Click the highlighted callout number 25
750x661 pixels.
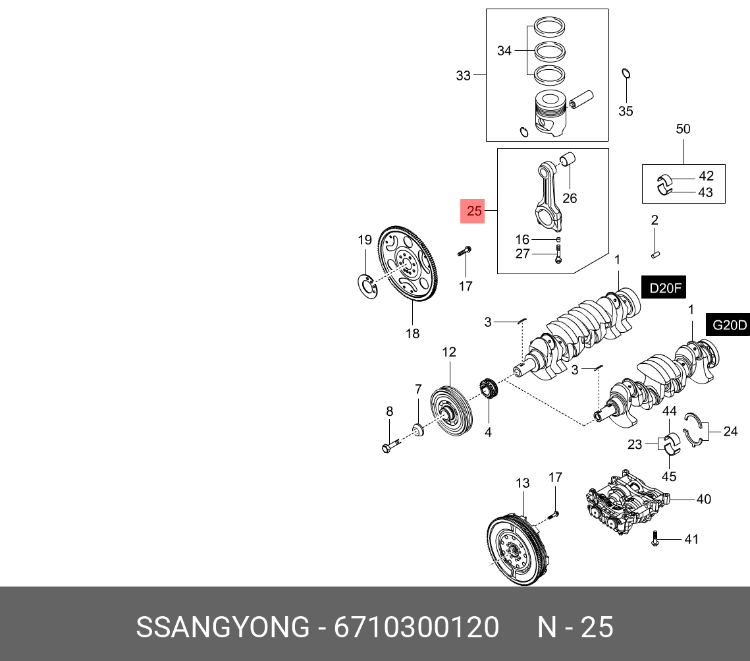click(474, 212)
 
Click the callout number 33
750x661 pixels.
click(464, 76)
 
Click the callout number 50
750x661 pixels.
click(683, 129)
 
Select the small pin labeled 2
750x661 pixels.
click(656, 251)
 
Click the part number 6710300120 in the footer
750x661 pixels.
click(416, 627)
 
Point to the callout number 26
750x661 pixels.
click(569, 198)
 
